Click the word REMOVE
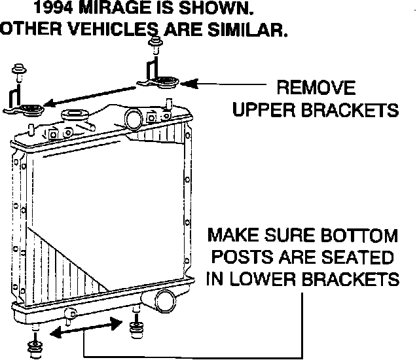click(316, 88)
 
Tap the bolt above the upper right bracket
click(156, 46)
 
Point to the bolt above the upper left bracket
click(18, 70)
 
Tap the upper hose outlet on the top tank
click(135, 118)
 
